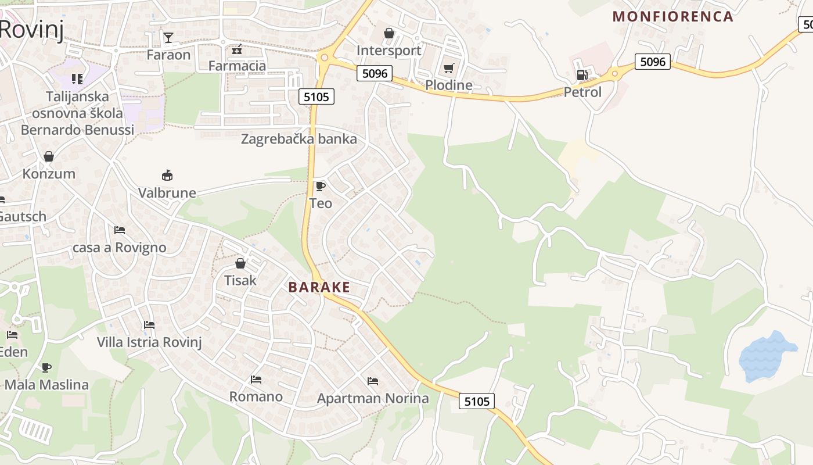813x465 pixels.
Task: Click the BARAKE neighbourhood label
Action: (x=319, y=287)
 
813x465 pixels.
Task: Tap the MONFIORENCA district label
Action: (x=673, y=16)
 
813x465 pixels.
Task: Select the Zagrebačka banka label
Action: (x=299, y=139)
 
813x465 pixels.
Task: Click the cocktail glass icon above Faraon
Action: (x=168, y=38)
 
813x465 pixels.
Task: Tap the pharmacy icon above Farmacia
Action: (x=237, y=49)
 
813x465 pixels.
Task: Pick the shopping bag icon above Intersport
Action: (x=389, y=34)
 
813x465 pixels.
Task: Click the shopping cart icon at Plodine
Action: (x=448, y=69)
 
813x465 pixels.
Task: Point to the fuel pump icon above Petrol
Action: (x=582, y=75)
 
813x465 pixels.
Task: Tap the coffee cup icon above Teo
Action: (x=320, y=186)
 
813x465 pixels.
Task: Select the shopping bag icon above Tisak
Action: (x=240, y=263)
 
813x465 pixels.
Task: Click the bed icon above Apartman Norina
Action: (x=373, y=381)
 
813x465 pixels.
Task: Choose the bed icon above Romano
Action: (x=256, y=380)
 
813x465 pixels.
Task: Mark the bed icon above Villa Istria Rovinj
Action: (x=149, y=325)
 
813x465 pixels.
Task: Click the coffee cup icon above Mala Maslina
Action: (x=46, y=367)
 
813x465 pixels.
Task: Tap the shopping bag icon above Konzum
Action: (x=49, y=156)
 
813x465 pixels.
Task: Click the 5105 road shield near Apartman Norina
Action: (x=477, y=401)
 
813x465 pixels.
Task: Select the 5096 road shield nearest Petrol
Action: (x=653, y=62)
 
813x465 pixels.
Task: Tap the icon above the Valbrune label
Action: (x=167, y=175)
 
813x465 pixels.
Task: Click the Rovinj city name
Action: (x=32, y=29)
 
